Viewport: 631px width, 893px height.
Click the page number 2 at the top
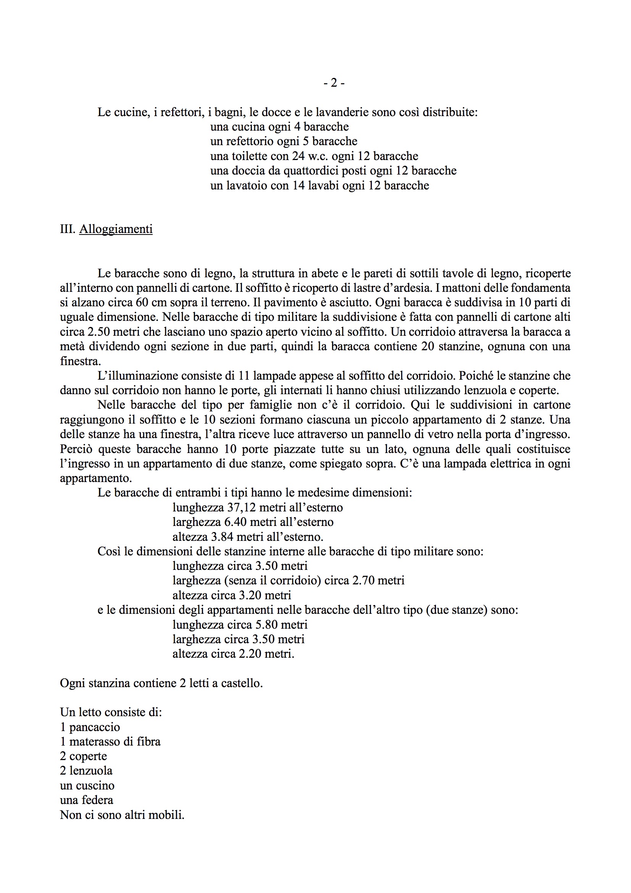tap(334, 83)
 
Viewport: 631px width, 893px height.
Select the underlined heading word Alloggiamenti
tap(116, 229)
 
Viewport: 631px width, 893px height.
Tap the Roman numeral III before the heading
tap(67, 229)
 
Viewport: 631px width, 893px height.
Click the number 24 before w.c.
tap(299, 156)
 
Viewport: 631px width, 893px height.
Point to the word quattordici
tap(312, 171)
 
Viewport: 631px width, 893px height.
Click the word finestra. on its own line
tap(80, 361)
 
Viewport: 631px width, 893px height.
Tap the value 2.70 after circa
tap(363, 581)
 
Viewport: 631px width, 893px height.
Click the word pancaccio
tap(94, 727)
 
